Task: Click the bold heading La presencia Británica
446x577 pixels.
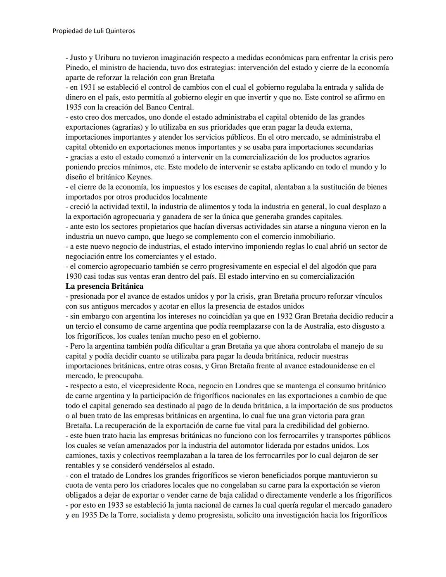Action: pyautogui.click(x=104, y=286)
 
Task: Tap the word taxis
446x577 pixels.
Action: pyautogui.click(x=102, y=456)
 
